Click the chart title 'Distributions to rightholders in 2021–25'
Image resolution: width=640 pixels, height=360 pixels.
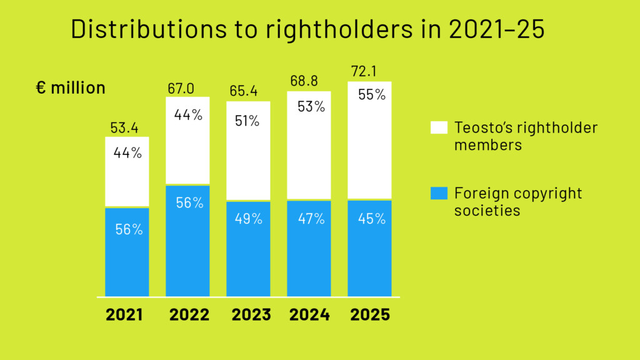[307, 29]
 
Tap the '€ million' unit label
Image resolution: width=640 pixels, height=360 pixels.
[71, 88]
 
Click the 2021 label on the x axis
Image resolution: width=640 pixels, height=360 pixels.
[124, 314]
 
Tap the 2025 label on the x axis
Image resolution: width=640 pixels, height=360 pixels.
[370, 314]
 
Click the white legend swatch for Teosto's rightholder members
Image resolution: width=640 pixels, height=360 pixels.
[439, 128]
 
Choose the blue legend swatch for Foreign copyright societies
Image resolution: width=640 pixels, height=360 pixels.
[439, 194]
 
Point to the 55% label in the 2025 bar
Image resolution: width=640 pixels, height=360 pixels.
[372, 96]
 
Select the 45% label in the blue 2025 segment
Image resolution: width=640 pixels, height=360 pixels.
[372, 219]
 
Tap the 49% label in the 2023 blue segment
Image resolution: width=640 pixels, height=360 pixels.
[248, 219]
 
